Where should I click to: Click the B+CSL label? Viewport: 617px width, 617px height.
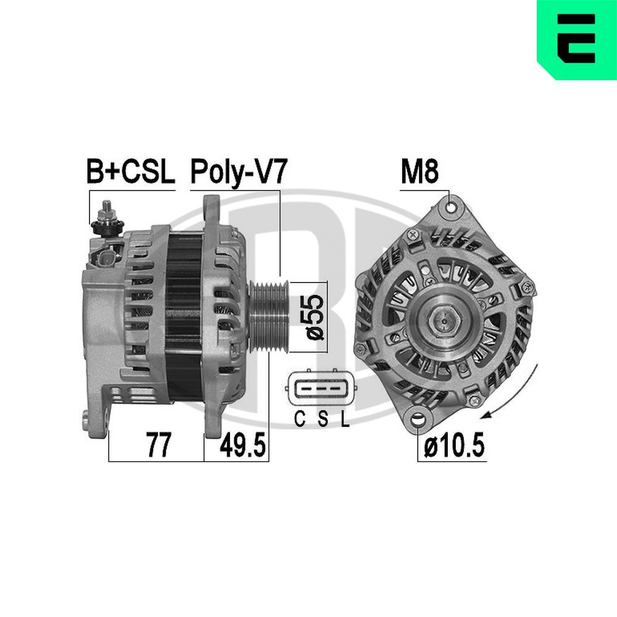point(130,173)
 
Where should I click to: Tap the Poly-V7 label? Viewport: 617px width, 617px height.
point(238,173)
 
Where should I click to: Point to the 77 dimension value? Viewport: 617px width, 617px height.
point(158,446)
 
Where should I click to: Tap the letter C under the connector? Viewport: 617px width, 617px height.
point(299,421)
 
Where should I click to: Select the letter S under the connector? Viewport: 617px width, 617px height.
point(322,421)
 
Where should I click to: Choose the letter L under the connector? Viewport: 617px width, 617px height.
point(345,421)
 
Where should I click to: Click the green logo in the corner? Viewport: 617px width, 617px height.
point(577,40)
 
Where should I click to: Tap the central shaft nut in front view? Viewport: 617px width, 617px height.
point(445,318)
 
